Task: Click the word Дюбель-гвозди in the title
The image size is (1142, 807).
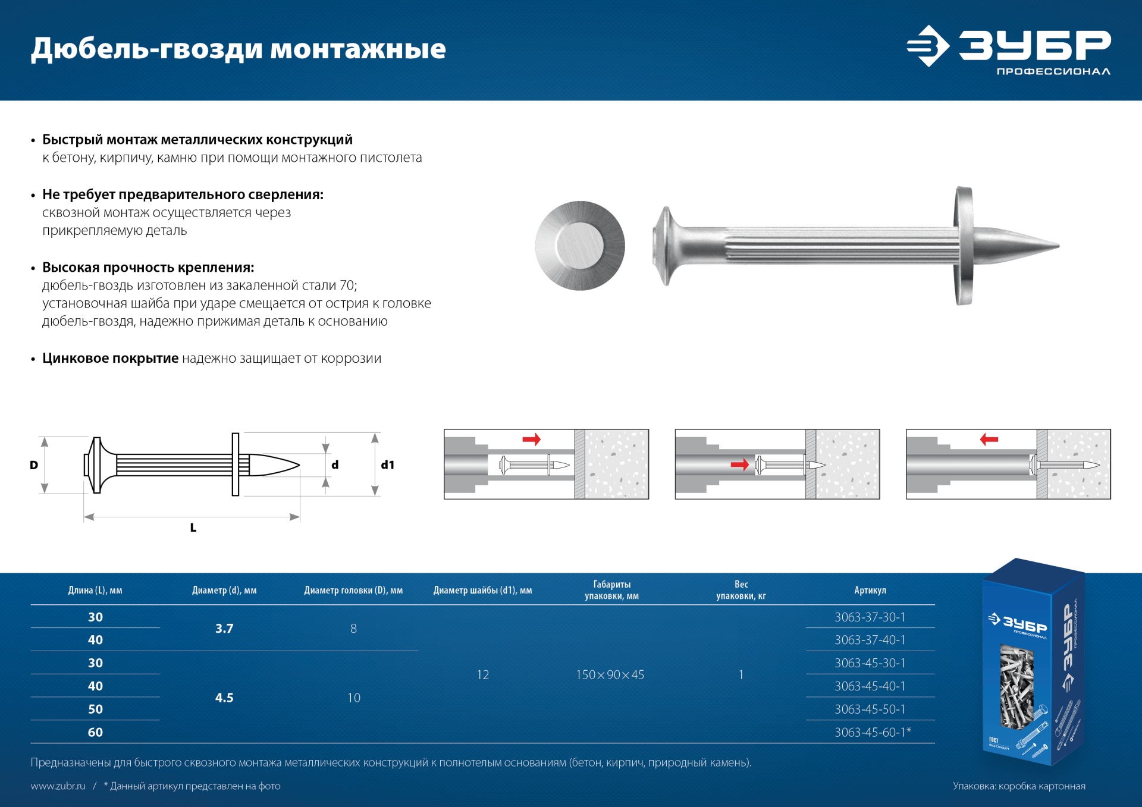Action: pos(146,49)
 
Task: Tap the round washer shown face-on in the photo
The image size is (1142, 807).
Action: pos(579,246)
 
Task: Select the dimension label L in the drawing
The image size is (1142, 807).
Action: pos(193,527)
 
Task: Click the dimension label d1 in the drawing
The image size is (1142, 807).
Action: pos(388,465)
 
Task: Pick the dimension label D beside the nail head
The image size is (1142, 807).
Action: pos(34,465)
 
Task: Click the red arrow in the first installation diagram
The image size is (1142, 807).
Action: pos(531,439)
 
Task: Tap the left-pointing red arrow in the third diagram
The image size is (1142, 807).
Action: pos(989,439)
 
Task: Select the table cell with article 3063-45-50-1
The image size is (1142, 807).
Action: pos(870,709)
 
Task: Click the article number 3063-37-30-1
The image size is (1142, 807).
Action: pos(870,617)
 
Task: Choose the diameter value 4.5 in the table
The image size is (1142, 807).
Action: pos(224,698)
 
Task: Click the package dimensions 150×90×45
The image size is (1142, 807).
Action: pos(610,674)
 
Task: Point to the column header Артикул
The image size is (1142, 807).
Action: pos(870,590)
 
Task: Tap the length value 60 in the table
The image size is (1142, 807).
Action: pos(95,732)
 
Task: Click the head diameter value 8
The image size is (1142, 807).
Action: pos(353,628)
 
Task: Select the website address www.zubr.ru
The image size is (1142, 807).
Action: pos(58,786)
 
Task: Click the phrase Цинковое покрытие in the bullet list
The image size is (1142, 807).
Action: pos(110,358)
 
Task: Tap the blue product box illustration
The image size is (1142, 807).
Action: pos(1034,660)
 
